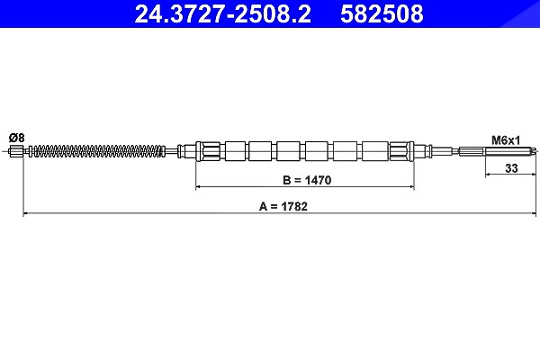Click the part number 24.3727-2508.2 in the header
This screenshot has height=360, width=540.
pyautogui.click(x=222, y=13)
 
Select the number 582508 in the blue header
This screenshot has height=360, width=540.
pyautogui.click(x=382, y=13)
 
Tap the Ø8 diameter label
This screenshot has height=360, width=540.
pyautogui.click(x=17, y=138)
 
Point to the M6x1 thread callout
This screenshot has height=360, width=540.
pyautogui.click(x=505, y=140)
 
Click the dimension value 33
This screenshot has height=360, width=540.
pyautogui.click(x=511, y=168)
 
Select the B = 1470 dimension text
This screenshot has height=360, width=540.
pyautogui.click(x=307, y=180)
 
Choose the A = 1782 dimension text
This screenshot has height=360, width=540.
pyautogui.click(x=283, y=206)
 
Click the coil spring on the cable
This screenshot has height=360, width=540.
pyautogui.click(x=98, y=150)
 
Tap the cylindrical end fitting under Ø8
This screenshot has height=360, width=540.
pyautogui.click(x=17, y=151)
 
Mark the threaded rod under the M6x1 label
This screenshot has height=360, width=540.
pyautogui.click(x=508, y=150)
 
